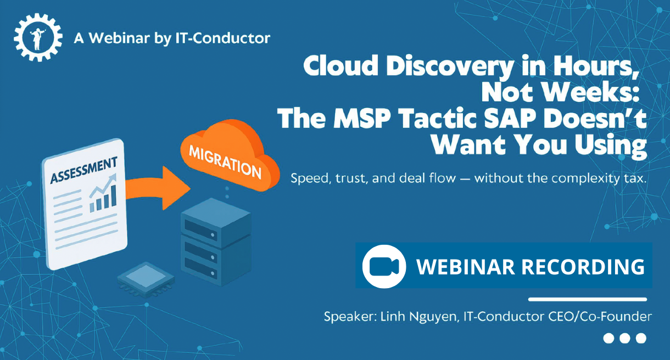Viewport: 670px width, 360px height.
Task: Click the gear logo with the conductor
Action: point(37,37)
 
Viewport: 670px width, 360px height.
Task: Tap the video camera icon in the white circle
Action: point(384,266)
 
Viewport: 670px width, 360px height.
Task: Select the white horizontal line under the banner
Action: point(587,299)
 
